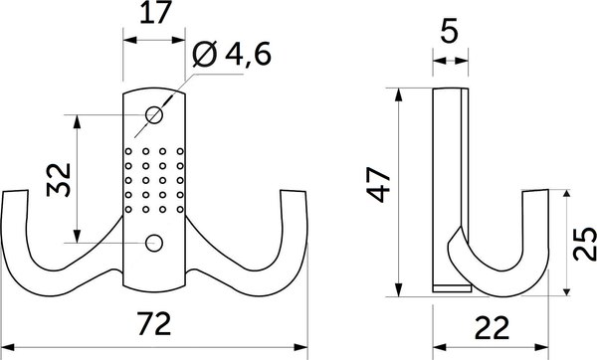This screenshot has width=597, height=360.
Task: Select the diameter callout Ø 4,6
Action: tap(230, 57)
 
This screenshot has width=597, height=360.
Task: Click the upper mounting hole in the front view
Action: tap(154, 115)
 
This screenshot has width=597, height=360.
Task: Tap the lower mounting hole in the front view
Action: tap(154, 242)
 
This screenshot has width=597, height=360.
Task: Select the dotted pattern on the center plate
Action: tap(154, 180)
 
